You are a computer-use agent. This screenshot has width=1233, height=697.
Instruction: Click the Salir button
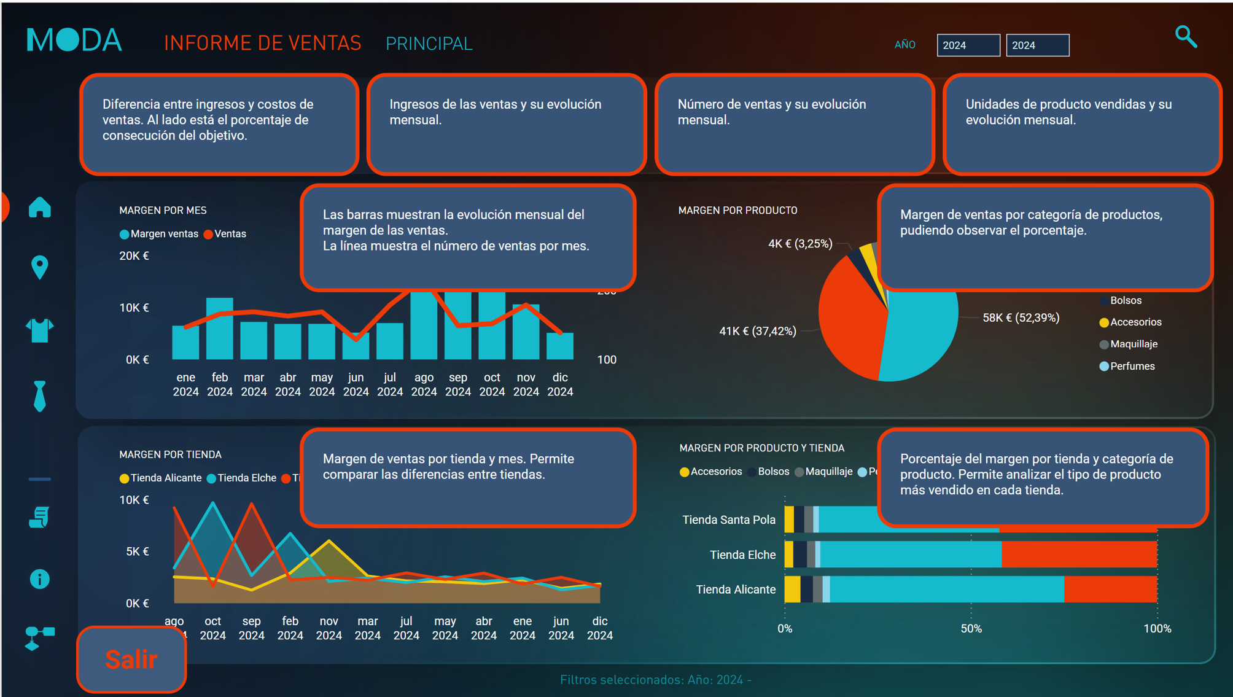click(131, 659)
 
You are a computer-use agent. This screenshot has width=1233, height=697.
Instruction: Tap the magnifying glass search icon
click(1186, 37)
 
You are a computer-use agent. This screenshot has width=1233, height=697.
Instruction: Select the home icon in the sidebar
click(40, 208)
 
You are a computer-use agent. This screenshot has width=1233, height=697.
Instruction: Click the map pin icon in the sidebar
click(40, 267)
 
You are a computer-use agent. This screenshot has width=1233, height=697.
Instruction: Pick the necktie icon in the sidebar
click(40, 396)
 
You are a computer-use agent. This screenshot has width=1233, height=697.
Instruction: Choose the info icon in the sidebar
click(40, 579)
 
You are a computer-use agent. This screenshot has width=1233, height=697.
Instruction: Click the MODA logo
click(74, 41)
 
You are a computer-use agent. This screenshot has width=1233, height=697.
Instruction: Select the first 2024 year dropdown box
click(968, 45)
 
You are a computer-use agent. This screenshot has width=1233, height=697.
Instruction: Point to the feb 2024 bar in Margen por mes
click(220, 329)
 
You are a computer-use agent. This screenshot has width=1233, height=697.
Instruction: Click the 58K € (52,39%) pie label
click(1021, 317)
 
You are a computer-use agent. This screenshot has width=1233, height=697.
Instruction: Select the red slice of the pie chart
click(850, 319)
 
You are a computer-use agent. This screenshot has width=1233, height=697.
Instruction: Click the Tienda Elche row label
click(742, 555)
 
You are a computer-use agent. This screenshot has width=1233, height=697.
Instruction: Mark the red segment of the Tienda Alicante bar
click(1110, 590)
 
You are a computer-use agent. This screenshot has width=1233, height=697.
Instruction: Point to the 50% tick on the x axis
click(971, 628)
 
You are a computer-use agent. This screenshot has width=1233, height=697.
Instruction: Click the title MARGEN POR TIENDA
click(170, 454)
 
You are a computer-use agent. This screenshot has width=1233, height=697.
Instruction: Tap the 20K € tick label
click(134, 256)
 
